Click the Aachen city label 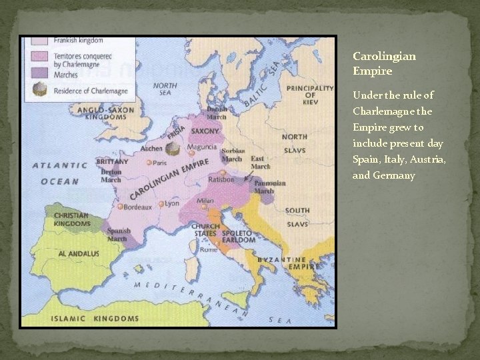pos(152,149)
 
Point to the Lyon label pos(173,203)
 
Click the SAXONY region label pos(205,131)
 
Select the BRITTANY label pos(113,162)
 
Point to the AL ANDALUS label pos(79,254)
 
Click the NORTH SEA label pos(165,89)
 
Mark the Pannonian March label pos(269,187)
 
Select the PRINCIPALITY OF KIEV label pos(309,95)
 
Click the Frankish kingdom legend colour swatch pos(36,41)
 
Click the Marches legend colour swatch pos(36,74)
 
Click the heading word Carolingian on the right pos(384,57)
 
